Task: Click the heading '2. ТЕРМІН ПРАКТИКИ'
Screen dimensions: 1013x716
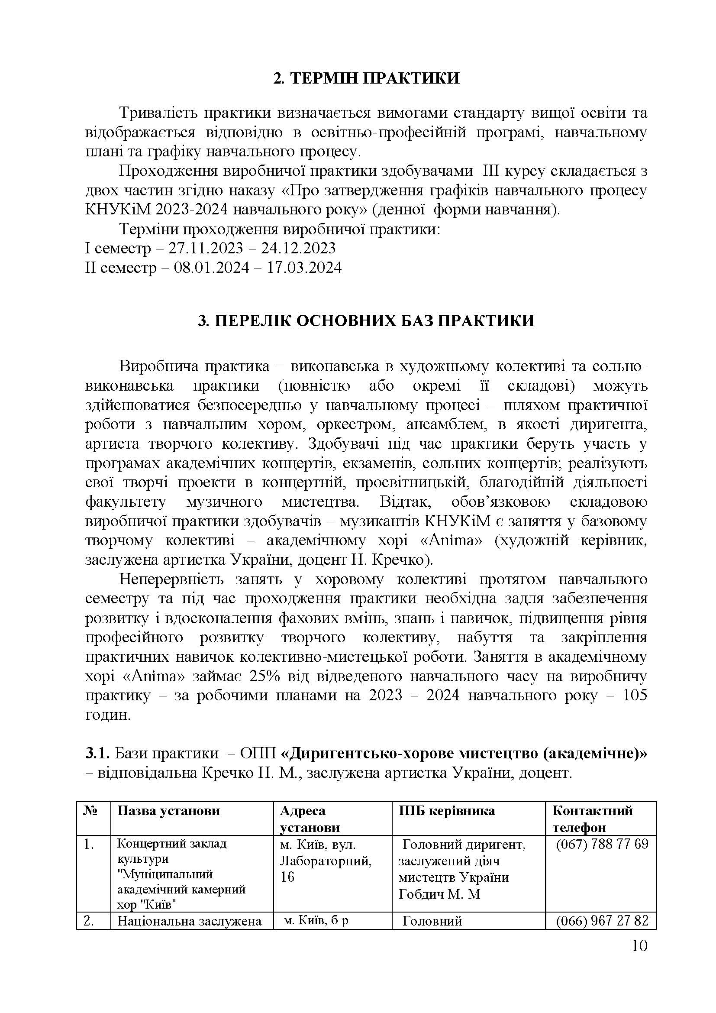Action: coord(366,78)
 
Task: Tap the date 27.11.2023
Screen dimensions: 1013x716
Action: coord(206,249)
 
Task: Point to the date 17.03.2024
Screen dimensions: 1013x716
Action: coord(304,268)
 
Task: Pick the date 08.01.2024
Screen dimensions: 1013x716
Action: coord(211,268)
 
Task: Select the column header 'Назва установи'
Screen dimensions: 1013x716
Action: coord(168,810)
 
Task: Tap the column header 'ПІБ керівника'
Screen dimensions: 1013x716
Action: coord(447,810)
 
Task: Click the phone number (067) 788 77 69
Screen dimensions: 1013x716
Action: coord(602,844)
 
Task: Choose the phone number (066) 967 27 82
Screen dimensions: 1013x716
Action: coord(602,921)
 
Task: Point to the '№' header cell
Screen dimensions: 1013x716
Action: coord(90,810)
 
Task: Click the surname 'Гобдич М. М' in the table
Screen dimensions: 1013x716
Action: coord(439,894)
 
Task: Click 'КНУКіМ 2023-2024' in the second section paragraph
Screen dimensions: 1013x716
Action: coord(156,209)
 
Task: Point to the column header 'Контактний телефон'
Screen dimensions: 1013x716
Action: coord(592,819)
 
